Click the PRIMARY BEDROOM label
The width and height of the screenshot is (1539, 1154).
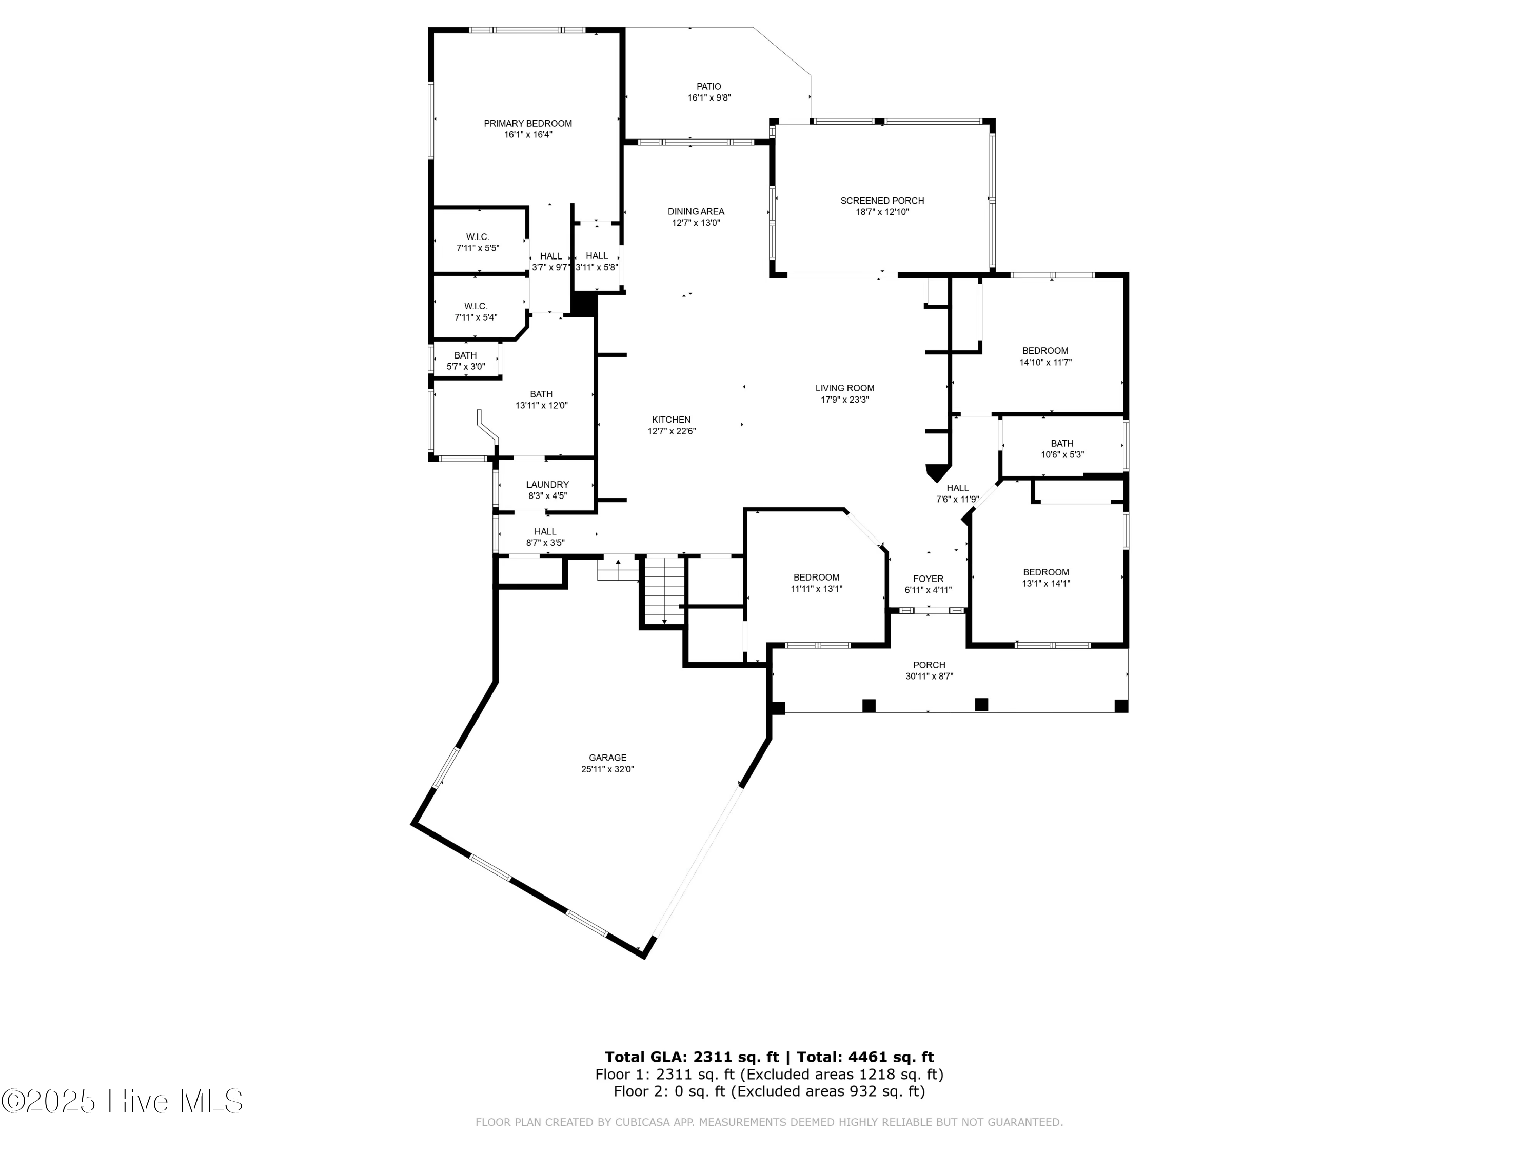click(x=528, y=124)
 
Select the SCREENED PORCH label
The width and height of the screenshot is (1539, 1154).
click(x=882, y=201)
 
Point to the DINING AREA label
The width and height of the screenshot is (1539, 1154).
click(x=696, y=211)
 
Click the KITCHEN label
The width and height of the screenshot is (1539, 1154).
click(x=672, y=420)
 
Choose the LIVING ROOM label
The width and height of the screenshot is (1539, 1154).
click(x=844, y=388)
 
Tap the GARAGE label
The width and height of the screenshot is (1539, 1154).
click(x=608, y=758)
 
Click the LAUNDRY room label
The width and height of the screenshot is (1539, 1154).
click(x=547, y=484)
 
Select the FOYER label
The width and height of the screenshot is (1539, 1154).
click(x=928, y=579)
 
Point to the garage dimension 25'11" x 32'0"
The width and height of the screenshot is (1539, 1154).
click(x=608, y=769)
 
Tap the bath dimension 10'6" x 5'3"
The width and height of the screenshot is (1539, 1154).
click(x=1062, y=455)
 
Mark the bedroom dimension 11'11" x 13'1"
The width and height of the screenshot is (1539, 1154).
click(x=817, y=588)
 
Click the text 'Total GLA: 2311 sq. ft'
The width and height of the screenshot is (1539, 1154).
click(x=692, y=1057)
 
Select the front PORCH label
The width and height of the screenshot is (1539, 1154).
click(x=930, y=665)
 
